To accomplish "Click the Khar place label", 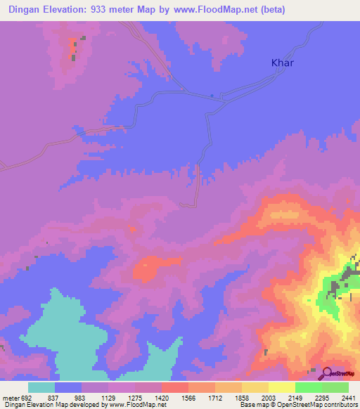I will coord(283,63).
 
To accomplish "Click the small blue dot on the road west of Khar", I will coord(212,96).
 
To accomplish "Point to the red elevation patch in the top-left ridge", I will coord(73,48).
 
